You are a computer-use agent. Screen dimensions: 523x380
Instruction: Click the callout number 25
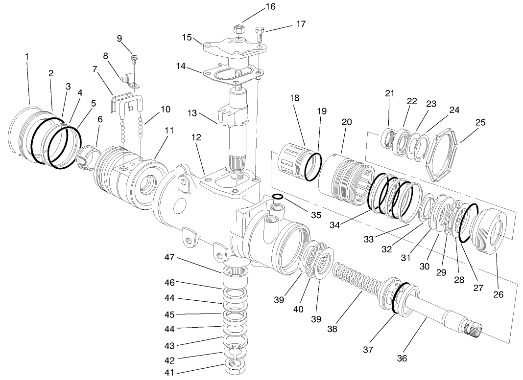[480, 122]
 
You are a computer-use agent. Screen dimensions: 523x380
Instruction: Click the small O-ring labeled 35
[278, 197]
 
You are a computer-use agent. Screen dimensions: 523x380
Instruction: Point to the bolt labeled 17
[259, 35]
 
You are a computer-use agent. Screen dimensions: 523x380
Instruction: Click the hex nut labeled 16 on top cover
[238, 29]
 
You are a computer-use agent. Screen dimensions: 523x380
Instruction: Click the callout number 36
[402, 358]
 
